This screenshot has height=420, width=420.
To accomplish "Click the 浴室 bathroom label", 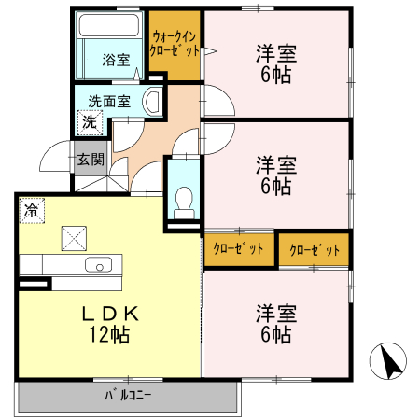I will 116,60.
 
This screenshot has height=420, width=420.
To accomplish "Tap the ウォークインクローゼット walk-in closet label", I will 175,45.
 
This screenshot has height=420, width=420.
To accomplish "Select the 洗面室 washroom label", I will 109,101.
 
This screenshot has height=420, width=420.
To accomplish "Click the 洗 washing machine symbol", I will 89,121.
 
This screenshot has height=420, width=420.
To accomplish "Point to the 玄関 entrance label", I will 91,160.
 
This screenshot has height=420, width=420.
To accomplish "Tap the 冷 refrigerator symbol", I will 31,211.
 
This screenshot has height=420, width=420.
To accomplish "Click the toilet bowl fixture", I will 184,200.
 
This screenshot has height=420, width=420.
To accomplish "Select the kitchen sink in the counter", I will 97,265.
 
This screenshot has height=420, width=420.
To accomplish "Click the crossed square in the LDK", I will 73,238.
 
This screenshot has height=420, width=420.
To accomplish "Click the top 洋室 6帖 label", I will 276,63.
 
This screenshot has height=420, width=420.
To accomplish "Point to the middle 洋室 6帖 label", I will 276,175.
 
